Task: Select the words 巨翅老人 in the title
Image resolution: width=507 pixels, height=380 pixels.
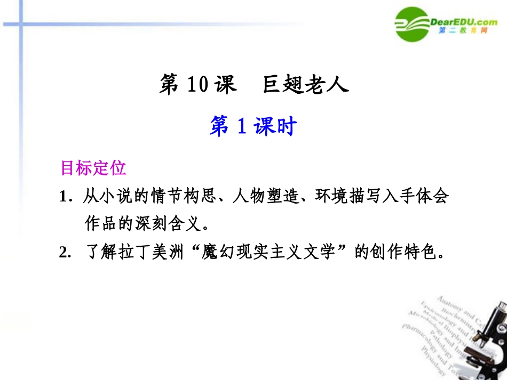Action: tap(305, 85)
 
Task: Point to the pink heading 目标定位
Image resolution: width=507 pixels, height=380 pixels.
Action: tap(93, 168)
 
